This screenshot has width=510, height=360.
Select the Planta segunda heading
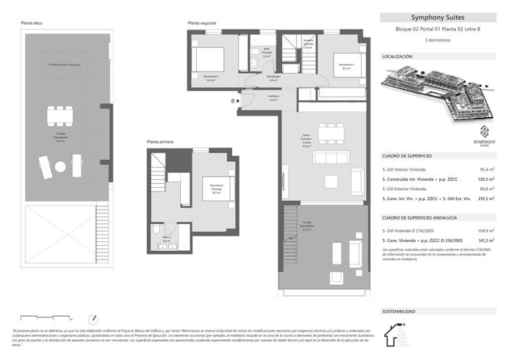202,24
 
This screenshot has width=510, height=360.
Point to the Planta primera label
161,142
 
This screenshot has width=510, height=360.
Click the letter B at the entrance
233,101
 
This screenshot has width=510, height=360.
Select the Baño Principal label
266,53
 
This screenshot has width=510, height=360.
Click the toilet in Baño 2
156,230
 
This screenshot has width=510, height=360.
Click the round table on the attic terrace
59,166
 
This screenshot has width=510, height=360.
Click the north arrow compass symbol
93,318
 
